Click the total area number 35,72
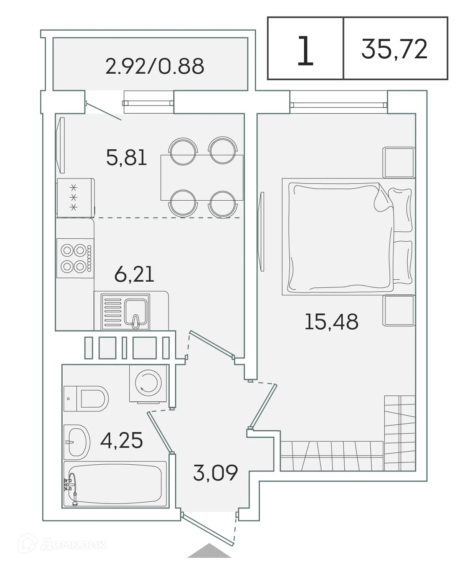point(394,49)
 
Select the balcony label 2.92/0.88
point(154,66)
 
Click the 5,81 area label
point(127,157)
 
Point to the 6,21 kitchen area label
point(134,274)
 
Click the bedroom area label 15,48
point(331,321)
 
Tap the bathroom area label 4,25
point(121,440)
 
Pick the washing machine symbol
point(149,383)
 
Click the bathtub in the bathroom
point(116,485)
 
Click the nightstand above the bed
point(399,163)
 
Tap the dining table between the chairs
point(202,177)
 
